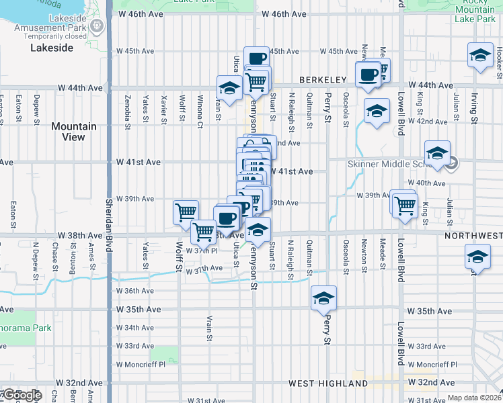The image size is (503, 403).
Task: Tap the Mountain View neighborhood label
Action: [x=74, y=132]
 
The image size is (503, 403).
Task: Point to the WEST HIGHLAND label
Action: [x=328, y=384]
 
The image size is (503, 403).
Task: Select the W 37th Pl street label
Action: [x=202, y=250]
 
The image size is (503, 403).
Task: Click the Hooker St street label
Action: [x=498, y=54]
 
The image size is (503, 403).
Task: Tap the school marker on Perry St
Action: [x=323, y=297]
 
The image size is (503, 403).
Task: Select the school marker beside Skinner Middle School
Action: [x=437, y=153]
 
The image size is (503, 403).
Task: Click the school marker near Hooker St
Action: [x=480, y=56]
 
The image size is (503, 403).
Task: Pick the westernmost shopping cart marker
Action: [x=186, y=212]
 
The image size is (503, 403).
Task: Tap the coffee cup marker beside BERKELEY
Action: [x=368, y=75]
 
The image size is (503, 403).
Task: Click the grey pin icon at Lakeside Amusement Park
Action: [x=98, y=26]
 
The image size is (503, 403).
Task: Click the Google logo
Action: [x=22, y=395]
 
